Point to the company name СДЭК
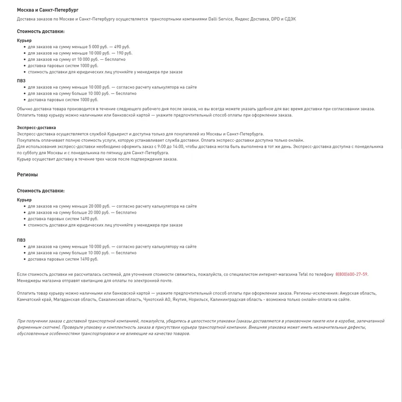[x=290, y=19]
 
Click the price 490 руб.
[x=123, y=47]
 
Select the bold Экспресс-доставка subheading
[x=36, y=128]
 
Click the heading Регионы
[x=28, y=175]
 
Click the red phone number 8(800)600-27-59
[x=351, y=274]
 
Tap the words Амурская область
[x=357, y=293]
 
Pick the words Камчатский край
[x=33, y=299]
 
